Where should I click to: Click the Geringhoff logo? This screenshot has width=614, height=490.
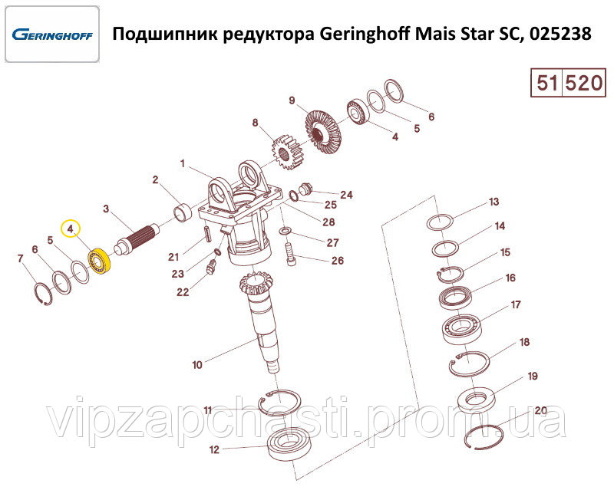click(52, 35)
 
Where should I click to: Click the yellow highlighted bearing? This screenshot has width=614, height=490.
click(100, 261)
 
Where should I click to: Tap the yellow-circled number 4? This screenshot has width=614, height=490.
click(71, 229)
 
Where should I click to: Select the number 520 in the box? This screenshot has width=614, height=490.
click(583, 83)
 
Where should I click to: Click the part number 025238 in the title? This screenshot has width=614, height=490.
click(560, 34)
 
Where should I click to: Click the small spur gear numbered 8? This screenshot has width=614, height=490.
click(286, 153)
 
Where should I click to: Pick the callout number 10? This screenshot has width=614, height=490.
click(197, 365)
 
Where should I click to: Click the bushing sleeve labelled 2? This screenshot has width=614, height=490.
click(183, 212)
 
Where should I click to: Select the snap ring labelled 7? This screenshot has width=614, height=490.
click(43, 293)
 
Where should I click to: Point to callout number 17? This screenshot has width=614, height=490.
click(516, 304)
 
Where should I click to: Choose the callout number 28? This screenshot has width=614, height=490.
click(328, 222)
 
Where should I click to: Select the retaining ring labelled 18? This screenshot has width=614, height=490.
click(469, 363)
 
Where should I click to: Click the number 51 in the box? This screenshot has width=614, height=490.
click(546, 83)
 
